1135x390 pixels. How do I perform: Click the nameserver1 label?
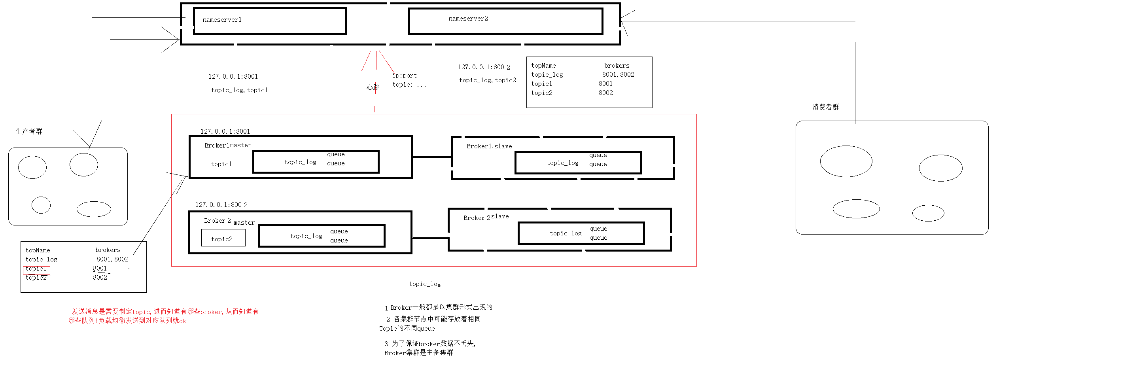coord(221,20)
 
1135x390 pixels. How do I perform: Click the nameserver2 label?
coord(468,19)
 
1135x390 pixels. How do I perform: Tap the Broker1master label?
coord(227,146)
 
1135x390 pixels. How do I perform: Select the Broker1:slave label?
coord(489,146)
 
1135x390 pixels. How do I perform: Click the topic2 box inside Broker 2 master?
coord(223,239)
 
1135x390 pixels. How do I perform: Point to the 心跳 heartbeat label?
coord(373,87)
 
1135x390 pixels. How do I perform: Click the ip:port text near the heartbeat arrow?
coord(405,76)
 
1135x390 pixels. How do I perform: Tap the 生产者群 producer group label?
coord(28,131)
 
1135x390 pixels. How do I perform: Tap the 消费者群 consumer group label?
coord(825,107)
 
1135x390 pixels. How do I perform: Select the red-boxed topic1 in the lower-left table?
coord(36,269)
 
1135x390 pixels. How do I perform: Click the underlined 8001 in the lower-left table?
coord(100,269)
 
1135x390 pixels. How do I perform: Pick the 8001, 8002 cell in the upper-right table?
coord(618,74)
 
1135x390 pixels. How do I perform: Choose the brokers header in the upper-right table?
coord(617,66)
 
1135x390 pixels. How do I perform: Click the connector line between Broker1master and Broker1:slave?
coord(432,157)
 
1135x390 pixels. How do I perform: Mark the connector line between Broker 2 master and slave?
coord(430,239)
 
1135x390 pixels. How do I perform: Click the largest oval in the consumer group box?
coord(846,161)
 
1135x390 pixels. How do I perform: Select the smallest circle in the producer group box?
coord(41,205)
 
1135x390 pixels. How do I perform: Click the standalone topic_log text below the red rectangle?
coord(424,284)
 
